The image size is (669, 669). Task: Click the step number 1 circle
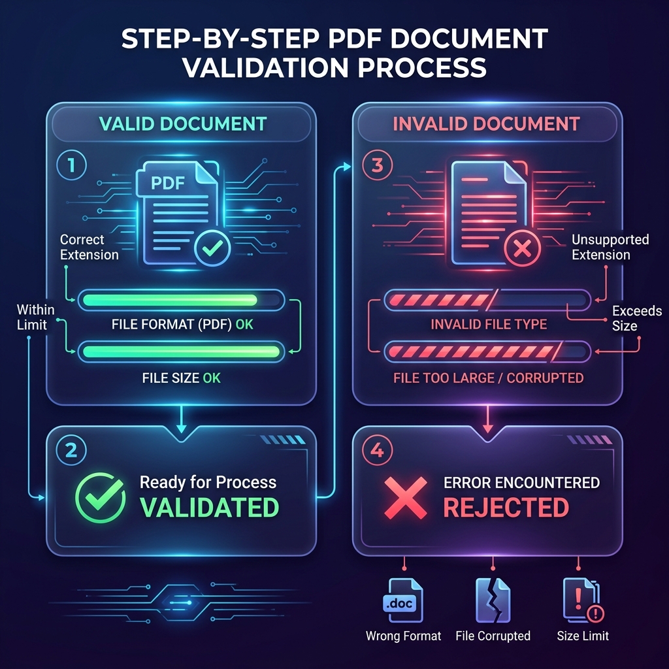tap(71, 165)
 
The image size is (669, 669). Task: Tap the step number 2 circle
tap(71, 450)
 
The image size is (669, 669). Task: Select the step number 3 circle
tap(377, 165)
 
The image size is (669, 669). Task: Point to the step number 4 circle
tap(377, 450)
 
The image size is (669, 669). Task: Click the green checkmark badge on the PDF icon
tap(212, 248)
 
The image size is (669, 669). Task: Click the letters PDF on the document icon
tap(168, 184)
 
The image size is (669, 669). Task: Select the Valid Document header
tap(183, 123)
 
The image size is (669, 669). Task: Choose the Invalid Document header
tap(486, 123)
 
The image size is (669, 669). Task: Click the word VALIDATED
tap(210, 507)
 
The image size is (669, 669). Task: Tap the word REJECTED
tap(506, 507)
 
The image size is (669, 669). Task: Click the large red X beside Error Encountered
tap(405, 498)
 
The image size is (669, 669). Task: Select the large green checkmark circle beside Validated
tap(101, 498)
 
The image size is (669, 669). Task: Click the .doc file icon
tap(402, 600)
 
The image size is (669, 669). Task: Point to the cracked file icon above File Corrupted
tap(493, 600)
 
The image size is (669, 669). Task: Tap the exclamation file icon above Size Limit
tap(583, 600)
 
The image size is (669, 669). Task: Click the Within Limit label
tap(35, 317)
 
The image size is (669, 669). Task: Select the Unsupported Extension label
tap(610, 247)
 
